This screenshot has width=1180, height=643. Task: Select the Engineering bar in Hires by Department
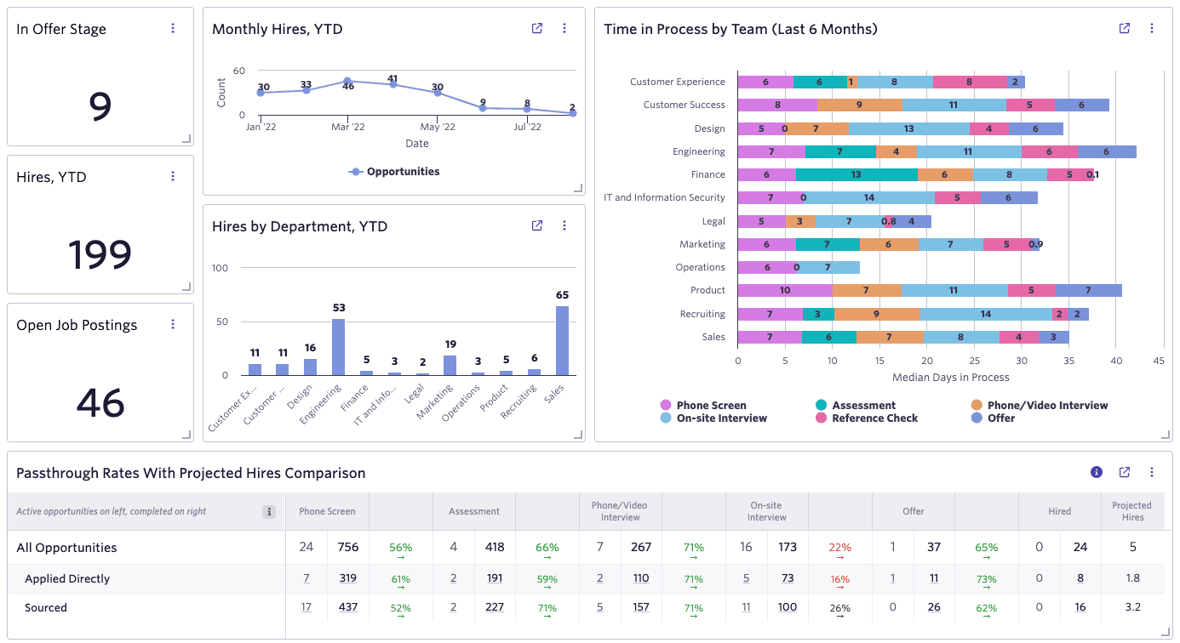pos(338,347)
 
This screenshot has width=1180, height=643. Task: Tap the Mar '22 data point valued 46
pos(347,81)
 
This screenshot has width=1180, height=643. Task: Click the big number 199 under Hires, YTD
pos(100,254)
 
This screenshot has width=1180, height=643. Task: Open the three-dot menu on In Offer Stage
pos(173,28)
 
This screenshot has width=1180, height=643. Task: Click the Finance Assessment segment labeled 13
pos(856,174)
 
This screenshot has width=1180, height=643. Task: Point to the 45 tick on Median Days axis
pos(1159,360)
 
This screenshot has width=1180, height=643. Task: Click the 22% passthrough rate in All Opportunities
pos(839,548)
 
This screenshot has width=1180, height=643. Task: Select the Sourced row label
pos(46,607)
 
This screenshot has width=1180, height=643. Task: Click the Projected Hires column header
pos(1131,511)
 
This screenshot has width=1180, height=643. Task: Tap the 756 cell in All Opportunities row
pos(348,548)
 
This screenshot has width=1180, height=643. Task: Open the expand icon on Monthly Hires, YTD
pos(537,28)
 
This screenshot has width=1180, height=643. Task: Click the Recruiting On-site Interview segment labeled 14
pos(985,314)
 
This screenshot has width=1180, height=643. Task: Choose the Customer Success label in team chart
pos(684,105)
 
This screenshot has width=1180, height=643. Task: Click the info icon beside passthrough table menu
pos(1097,472)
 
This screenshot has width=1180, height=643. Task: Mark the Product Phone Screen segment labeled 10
pos(784,290)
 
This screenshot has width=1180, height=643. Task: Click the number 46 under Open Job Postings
pos(100,402)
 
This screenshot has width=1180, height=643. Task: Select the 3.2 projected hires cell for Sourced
pos(1132,607)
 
